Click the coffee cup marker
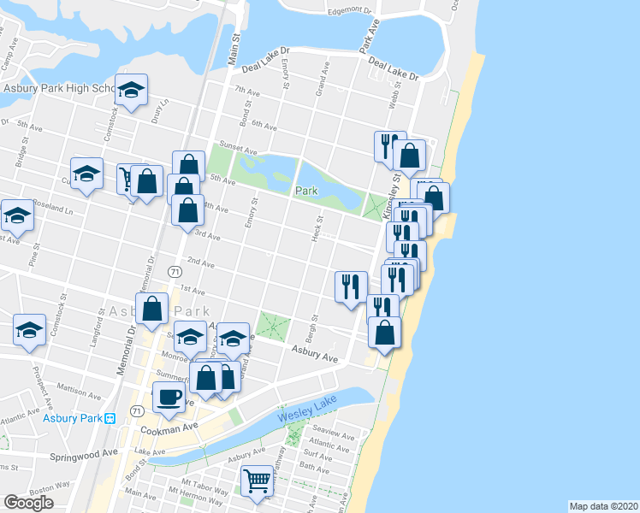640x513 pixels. [x=168, y=396]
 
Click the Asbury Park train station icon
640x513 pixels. [x=110, y=418]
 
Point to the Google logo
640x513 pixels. [x=28, y=503]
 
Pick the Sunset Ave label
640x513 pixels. [x=237, y=146]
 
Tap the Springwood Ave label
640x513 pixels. [x=80, y=457]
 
